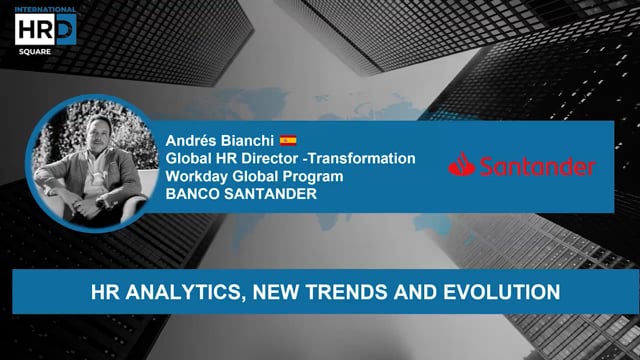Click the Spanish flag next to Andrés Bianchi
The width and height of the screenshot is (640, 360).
point(287,141)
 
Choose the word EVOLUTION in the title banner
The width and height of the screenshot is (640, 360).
point(496,293)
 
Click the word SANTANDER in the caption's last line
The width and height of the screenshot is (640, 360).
point(271,193)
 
